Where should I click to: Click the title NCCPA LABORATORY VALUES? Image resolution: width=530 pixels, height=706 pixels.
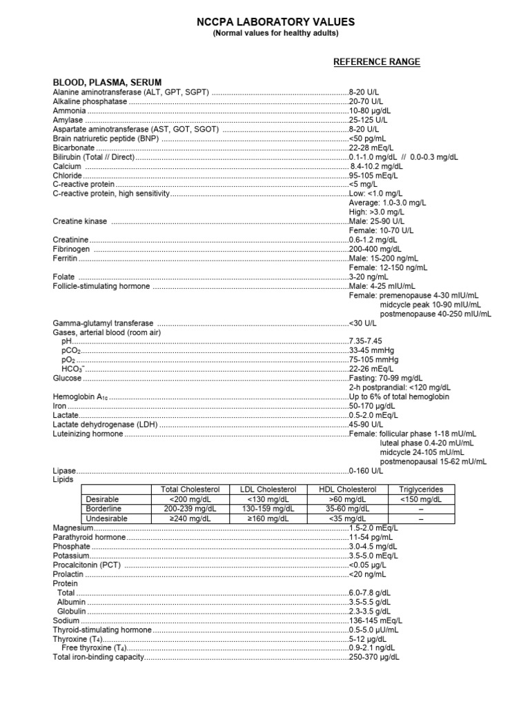(266, 21)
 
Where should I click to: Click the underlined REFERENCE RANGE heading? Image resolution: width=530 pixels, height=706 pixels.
(377, 62)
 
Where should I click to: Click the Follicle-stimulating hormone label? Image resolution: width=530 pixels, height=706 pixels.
(101, 286)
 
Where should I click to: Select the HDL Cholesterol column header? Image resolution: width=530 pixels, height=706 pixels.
(348, 490)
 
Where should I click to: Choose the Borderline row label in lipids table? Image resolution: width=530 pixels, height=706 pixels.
(101, 509)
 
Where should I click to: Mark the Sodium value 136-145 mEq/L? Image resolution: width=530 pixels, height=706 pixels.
(376, 621)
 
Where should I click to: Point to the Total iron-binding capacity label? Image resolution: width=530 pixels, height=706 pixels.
(99, 658)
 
